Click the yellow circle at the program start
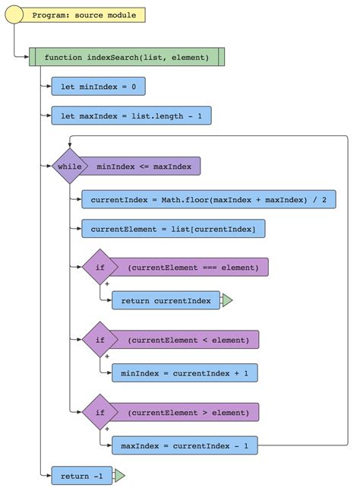pyautogui.click(x=15, y=14)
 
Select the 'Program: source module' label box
pyautogui.click(x=84, y=15)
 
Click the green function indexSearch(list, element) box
pyautogui.click(x=126, y=58)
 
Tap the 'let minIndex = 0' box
pyautogui.click(x=98, y=87)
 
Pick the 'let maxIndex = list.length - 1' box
pyautogui.click(x=131, y=116)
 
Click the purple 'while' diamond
pyautogui.click(x=69, y=166)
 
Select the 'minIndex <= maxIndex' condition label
pyautogui.click(x=144, y=166)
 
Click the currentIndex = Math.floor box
pyautogui.click(x=208, y=199)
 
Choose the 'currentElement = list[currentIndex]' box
pyautogui.click(x=173, y=228)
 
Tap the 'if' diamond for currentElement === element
pyautogui.click(x=99, y=267)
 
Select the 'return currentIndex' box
pyautogui.click(x=166, y=300)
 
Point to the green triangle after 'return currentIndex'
pyautogui.click(x=226, y=300)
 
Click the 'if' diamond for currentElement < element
pyautogui.click(x=99, y=339)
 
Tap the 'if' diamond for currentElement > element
pyautogui.click(x=99, y=412)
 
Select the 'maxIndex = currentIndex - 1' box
pyautogui.click(x=185, y=445)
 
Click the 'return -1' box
pyautogui.click(x=81, y=477)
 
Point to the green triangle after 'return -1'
pyautogui.click(x=118, y=477)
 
